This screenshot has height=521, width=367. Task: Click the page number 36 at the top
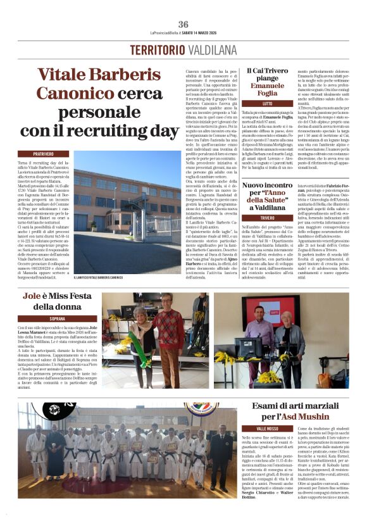tap(183, 24)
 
